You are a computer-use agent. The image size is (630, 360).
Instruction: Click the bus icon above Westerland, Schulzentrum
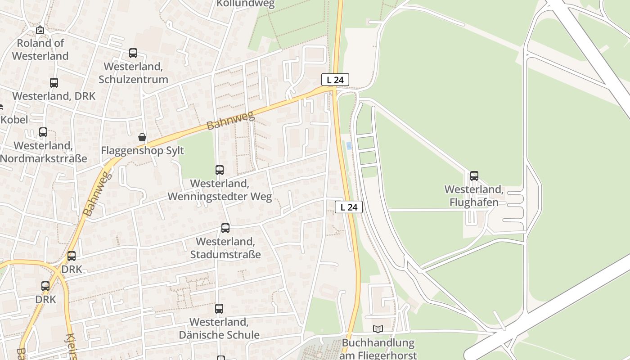[x=133, y=53]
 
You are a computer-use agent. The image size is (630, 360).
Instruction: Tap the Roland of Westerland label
[x=40, y=49]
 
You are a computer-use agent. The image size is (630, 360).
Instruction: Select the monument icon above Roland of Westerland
[x=40, y=30]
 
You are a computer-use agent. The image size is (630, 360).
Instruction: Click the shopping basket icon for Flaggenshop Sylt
[x=142, y=137]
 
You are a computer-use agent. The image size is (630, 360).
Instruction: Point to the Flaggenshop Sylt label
[x=143, y=150]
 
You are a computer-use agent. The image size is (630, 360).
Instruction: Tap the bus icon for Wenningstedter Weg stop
[x=220, y=170]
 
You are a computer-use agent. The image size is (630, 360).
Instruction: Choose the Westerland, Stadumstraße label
[x=225, y=248]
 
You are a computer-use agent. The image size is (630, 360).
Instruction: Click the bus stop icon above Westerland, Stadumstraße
[x=225, y=228]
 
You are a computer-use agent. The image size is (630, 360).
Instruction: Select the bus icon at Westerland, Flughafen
[x=474, y=176]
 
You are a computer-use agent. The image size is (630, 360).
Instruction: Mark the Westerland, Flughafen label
[x=474, y=196]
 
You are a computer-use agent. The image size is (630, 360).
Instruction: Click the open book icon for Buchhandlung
[x=378, y=329]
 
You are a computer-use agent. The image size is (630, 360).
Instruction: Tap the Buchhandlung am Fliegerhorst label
[x=378, y=349]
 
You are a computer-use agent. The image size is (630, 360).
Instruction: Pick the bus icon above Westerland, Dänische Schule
[x=219, y=309]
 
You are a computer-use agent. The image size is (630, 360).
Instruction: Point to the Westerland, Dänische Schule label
[x=219, y=328]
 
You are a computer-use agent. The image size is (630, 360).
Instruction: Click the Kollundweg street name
[x=245, y=4]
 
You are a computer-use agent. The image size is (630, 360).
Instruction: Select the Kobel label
[x=14, y=120]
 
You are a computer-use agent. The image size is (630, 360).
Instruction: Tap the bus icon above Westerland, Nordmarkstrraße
[x=43, y=132]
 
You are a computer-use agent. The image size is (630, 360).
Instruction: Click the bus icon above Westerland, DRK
[x=54, y=83]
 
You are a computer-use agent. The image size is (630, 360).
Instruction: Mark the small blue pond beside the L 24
[x=349, y=145]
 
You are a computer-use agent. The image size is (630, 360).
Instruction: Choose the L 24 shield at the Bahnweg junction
[x=335, y=80]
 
